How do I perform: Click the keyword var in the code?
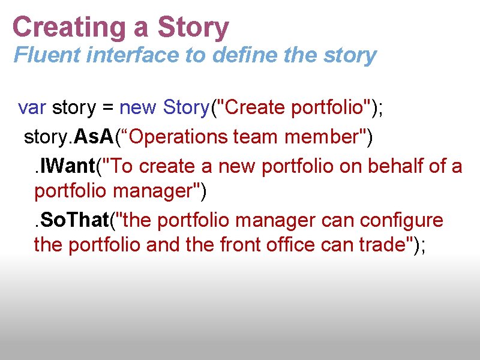(x=32, y=108)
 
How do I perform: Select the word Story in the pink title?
(x=193, y=28)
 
